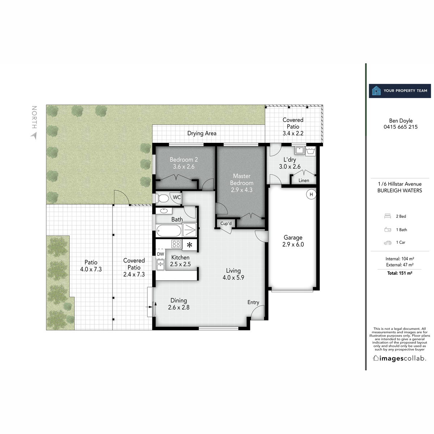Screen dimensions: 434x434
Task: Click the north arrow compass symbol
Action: (x=34, y=136)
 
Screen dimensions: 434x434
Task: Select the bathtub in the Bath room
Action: (x=169, y=230)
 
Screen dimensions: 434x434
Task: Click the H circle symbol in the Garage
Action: (x=311, y=194)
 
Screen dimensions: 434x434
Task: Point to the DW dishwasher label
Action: (x=160, y=254)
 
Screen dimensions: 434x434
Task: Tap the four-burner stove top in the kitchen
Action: (x=176, y=244)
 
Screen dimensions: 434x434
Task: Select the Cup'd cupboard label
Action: (x=226, y=224)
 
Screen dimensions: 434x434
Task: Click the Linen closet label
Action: (x=304, y=180)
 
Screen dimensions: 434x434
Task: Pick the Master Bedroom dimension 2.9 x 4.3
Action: (x=242, y=190)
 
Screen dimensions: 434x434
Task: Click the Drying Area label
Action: (x=202, y=133)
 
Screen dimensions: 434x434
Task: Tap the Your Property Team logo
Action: (x=400, y=91)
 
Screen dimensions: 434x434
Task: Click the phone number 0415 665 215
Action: (x=400, y=127)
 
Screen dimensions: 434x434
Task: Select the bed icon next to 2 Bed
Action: (x=388, y=216)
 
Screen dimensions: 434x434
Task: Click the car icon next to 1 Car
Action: (x=388, y=243)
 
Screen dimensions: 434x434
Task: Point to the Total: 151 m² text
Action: (x=400, y=273)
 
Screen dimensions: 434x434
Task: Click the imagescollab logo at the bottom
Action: (x=400, y=358)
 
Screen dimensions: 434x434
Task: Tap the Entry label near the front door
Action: (x=253, y=302)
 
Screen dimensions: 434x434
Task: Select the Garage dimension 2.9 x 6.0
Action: (x=293, y=244)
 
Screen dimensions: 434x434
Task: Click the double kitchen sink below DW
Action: (x=160, y=265)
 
